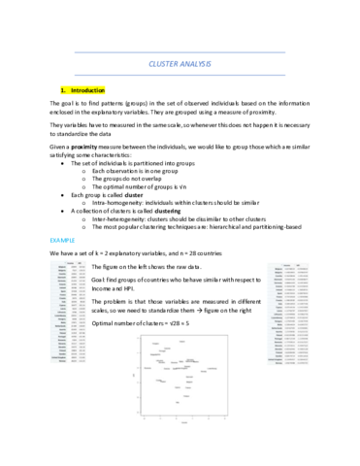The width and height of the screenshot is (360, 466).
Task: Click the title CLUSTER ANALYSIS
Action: click(180, 63)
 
